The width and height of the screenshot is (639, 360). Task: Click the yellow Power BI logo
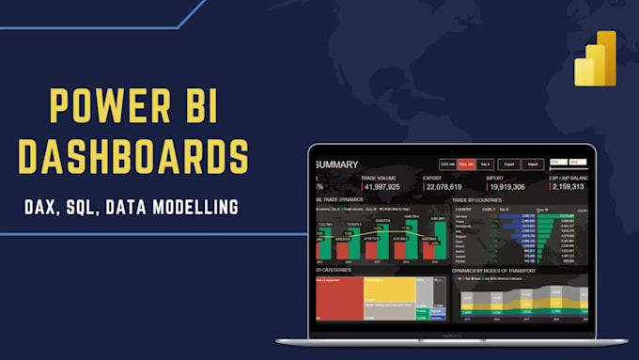coord(595,59)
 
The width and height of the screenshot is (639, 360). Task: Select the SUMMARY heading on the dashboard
coord(335,165)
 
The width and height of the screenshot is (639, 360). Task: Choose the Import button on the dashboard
coord(533,164)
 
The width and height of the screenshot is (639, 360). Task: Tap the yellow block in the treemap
coord(389,292)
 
